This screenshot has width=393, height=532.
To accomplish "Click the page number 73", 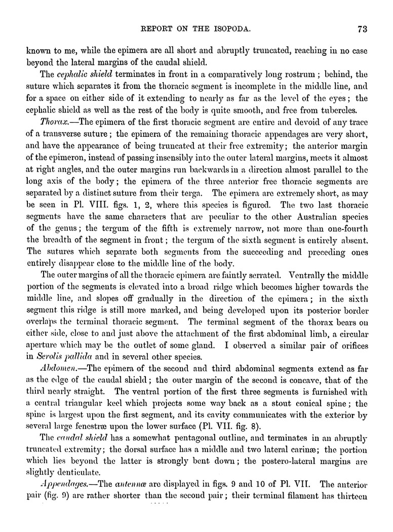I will pos(362,29).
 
